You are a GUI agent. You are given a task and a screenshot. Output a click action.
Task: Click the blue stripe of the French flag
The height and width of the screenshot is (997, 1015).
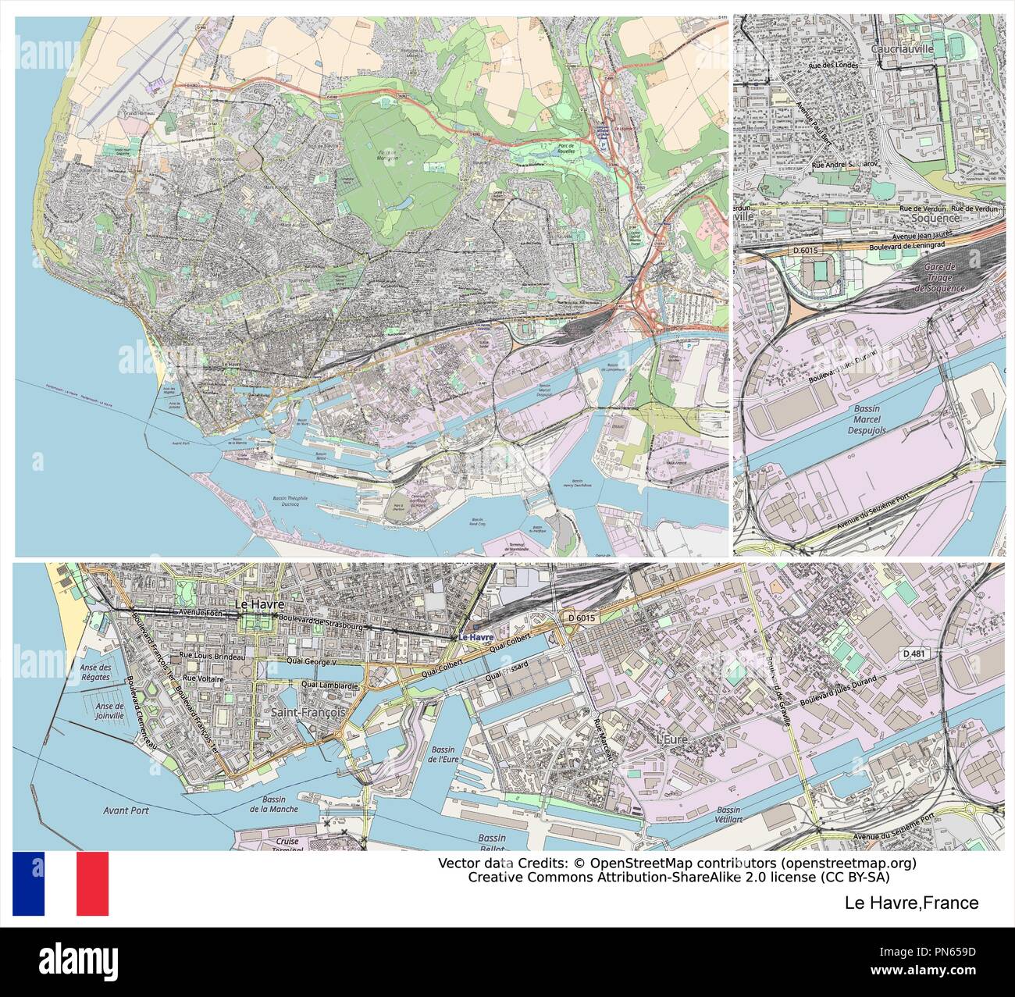click(29, 883)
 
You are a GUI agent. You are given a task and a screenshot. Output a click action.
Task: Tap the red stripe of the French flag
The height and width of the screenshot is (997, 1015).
click(92, 883)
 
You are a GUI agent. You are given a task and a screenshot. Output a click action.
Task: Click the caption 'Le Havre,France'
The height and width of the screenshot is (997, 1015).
click(911, 903)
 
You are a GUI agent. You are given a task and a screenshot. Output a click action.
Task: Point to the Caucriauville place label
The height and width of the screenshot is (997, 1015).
click(902, 48)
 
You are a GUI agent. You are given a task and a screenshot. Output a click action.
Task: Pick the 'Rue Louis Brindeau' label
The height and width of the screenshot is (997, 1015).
click(212, 659)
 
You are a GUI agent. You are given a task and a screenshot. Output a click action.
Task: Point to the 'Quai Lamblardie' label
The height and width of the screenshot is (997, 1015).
click(331, 685)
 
